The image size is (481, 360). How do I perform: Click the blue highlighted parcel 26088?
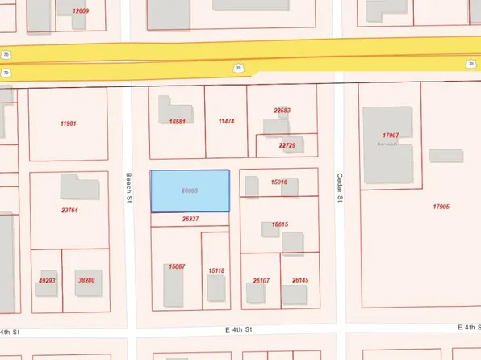click(190, 191)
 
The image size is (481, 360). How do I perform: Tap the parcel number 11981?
click(68, 123)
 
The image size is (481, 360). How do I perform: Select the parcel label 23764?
click(69, 211)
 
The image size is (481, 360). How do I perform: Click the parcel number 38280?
click(85, 280)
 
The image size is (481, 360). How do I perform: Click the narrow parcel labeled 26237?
click(190, 219)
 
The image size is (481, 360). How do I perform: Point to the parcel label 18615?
click(280, 225)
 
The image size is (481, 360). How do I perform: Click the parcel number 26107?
click(261, 280)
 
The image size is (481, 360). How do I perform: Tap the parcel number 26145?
click(300, 280)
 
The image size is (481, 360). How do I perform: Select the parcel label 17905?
click(441, 207)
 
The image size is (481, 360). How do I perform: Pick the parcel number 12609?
click(80, 10)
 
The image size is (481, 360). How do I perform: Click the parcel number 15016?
click(279, 182)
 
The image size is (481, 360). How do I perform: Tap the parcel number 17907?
click(393, 135)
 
